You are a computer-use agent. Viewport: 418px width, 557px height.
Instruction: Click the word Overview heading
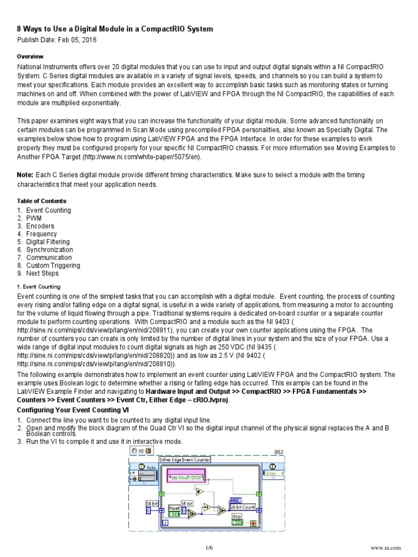(30, 57)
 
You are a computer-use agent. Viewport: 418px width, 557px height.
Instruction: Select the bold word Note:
(26, 175)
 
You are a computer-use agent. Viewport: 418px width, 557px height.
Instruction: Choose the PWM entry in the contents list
(34, 218)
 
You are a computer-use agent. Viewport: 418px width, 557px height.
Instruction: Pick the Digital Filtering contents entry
(48, 242)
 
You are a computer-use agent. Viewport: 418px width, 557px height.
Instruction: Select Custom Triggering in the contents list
(53, 265)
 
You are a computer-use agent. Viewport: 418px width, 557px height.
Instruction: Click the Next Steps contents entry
(42, 273)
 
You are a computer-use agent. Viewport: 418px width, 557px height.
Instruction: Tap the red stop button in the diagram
(253, 523)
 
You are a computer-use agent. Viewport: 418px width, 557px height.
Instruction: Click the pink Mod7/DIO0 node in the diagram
(186, 478)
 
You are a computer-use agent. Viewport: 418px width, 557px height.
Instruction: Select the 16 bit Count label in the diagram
(242, 506)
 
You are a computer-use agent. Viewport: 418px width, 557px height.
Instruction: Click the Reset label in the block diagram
(174, 508)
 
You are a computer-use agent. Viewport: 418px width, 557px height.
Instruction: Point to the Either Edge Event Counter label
(184, 460)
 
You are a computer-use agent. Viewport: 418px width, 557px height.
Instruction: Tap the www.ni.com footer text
(385, 547)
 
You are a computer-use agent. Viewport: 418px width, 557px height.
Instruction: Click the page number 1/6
(209, 547)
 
